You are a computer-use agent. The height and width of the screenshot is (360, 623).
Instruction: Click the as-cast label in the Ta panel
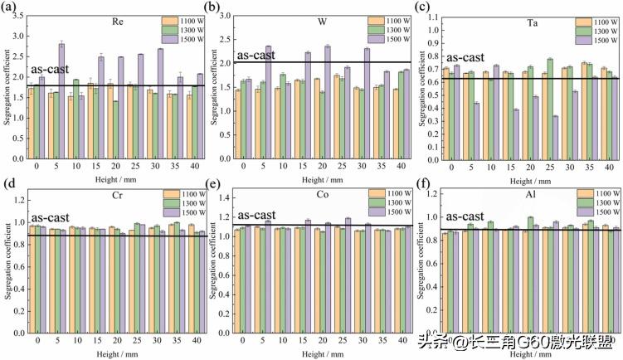coord(459,58)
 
